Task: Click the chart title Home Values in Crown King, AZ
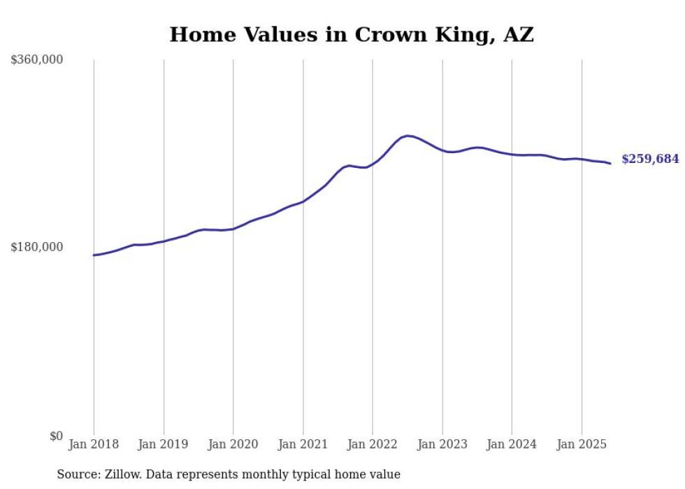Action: [x=352, y=34]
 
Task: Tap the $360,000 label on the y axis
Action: [x=37, y=60]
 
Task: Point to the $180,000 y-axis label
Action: [x=37, y=247]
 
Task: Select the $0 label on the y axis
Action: [x=56, y=436]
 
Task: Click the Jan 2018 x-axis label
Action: [x=94, y=444]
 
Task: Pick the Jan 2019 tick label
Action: [x=164, y=444]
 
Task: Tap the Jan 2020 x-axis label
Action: [x=233, y=444]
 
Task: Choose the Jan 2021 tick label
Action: [x=303, y=444]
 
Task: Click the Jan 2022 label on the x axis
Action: [x=373, y=444]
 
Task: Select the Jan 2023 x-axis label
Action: [x=442, y=444]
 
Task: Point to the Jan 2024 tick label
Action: [x=512, y=444]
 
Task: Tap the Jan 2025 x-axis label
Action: [x=582, y=444]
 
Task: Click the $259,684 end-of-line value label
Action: [x=650, y=160]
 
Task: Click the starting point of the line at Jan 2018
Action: [x=94, y=255]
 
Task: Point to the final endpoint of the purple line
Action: [x=610, y=164]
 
